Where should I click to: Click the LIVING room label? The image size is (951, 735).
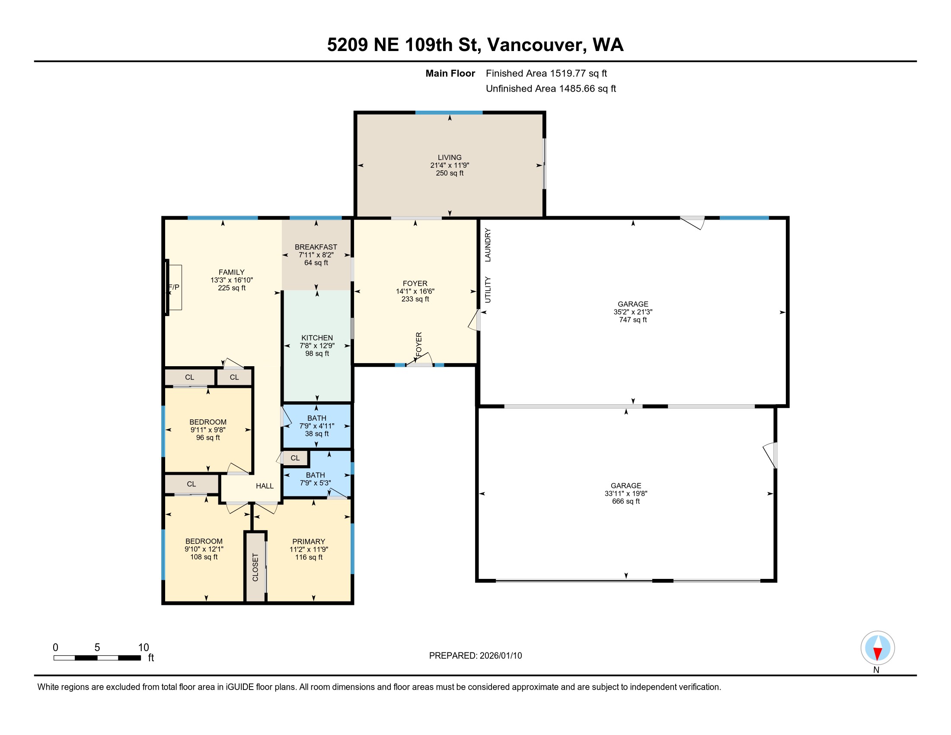click(450, 157)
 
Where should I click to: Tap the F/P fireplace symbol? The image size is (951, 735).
click(174, 287)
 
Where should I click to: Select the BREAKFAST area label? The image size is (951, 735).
click(316, 247)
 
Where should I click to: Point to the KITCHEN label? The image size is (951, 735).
click(317, 338)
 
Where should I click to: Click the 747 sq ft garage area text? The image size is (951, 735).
click(633, 320)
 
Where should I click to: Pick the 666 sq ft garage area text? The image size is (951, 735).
click(626, 501)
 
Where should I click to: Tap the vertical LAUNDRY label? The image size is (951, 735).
click(488, 245)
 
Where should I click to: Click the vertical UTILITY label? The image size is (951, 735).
click(488, 290)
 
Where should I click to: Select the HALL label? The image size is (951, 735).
click(265, 486)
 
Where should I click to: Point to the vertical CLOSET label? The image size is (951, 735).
click(255, 567)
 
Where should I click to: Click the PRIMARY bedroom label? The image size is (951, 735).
click(309, 542)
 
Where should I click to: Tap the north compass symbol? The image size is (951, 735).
click(878, 648)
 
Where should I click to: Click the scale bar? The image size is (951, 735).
click(97, 658)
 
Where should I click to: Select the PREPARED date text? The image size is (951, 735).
click(475, 655)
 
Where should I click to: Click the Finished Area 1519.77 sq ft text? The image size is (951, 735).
click(546, 73)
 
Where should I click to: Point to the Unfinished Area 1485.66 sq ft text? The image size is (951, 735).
click(551, 88)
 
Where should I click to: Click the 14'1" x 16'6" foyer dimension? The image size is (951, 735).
click(415, 291)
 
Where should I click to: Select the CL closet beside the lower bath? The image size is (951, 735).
click(295, 458)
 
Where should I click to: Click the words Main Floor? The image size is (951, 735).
click(450, 73)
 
